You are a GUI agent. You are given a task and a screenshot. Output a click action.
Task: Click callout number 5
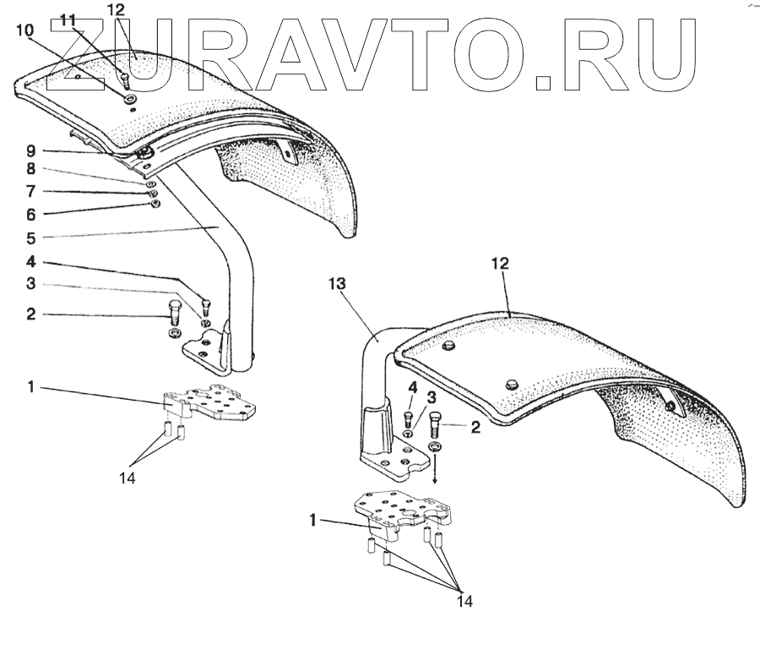[x=30, y=237]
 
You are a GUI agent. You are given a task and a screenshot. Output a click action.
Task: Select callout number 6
[x=30, y=213]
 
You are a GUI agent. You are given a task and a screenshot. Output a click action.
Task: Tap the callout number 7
[x=30, y=191]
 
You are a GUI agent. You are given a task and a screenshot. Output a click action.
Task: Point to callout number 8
[x=30, y=170]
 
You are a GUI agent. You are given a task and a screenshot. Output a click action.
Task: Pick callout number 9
[x=30, y=150]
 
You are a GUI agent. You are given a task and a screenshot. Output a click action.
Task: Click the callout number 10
[x=24, y=30]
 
